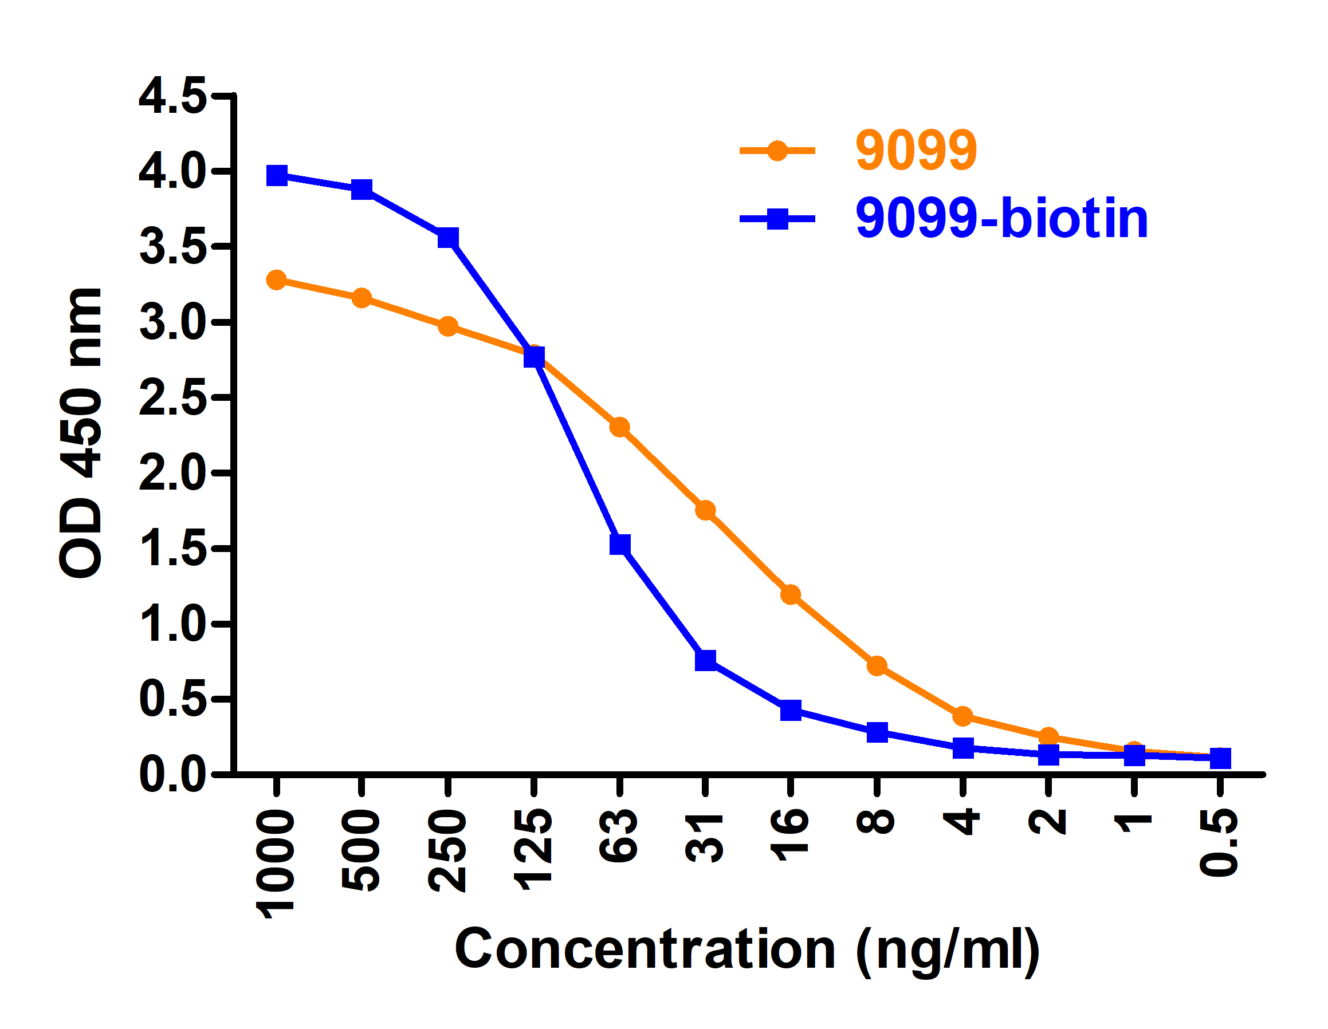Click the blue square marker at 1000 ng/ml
(x=277, y=176)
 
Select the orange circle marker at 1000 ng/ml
(x=277, y=280)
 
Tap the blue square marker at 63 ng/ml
(x=620, y=544)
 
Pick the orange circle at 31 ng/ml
(x=705, y=511)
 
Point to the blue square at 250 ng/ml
(x=448, y=238)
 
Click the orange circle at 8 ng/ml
(x=877, y=666)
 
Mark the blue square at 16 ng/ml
(x=791, y=709)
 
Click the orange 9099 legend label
(x=916, y=150)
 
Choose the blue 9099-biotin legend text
(x=1001, y=218)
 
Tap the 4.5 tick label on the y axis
(x=172, y=96)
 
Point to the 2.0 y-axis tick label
(x=172, y=472)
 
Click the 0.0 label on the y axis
(x=172, y=774)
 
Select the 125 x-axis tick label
(x=533, y=850)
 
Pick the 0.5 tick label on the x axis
(x=1219, y=843)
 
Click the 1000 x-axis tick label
(x=276, y=864)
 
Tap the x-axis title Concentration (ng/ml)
(x=747, y=949)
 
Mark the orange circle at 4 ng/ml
(x=962, y=716)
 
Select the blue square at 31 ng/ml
(x=705, y=660)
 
